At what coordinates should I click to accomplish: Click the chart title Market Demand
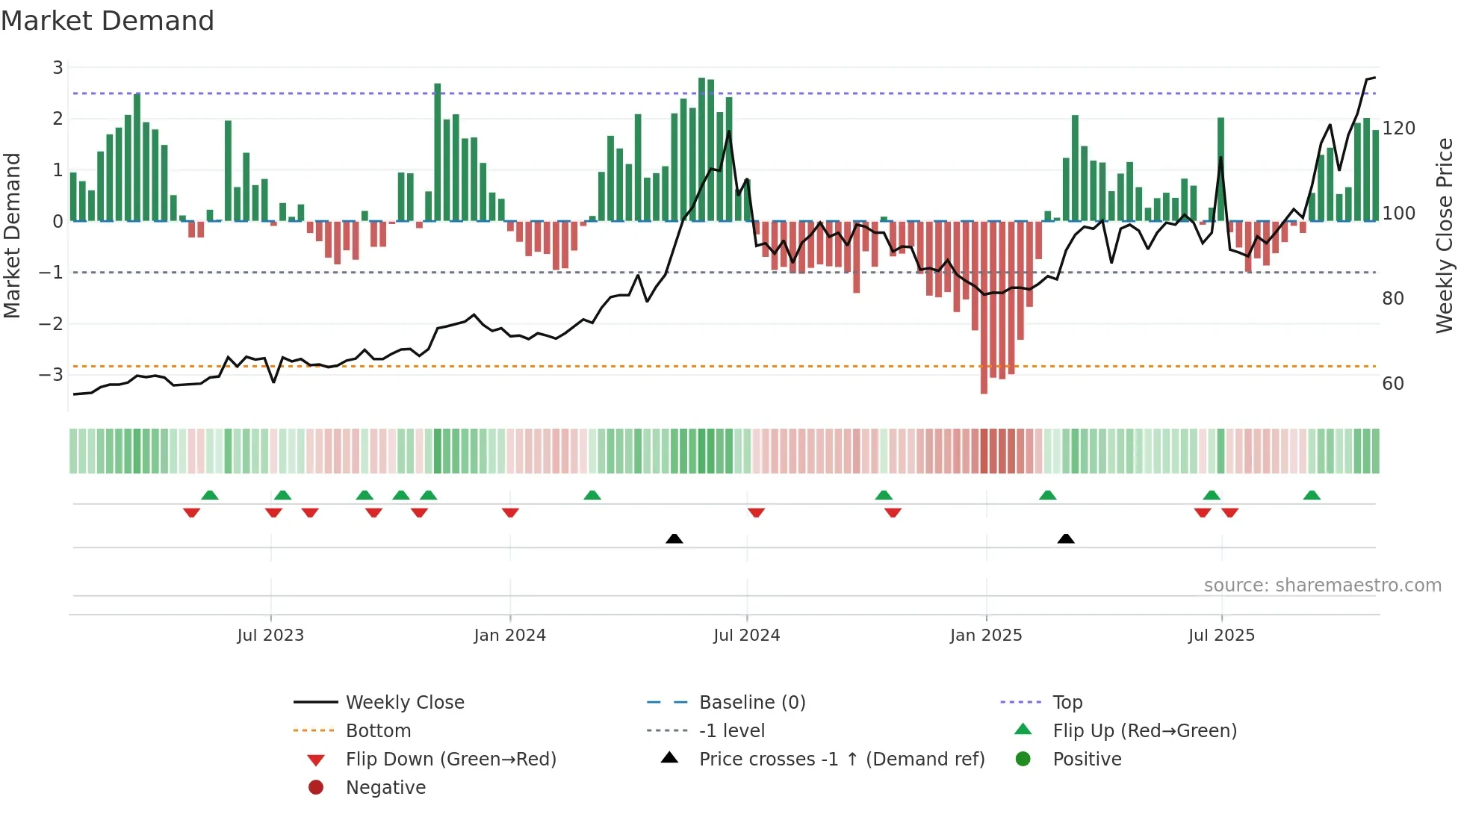(x=108, y=21)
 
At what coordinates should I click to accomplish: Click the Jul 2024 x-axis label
(x=746, y=636)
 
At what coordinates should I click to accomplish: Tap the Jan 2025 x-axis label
(x=985, y=636)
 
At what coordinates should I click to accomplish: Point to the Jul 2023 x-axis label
(x=270, y=636)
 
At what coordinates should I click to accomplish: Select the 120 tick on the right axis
(x=1398, y=128)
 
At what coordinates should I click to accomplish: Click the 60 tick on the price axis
(x=1393, y=384)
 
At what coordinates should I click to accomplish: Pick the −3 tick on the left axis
(x=51, y=374)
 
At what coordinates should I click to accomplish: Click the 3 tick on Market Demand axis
(x=58, y=68)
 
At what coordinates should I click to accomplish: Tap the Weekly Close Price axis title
(x=1445, y=235)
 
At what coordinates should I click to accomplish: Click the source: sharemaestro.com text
(x=1322, y=586)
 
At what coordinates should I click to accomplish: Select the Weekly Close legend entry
(x=404, y=703)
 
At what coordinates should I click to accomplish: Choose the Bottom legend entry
(x=378, y=731)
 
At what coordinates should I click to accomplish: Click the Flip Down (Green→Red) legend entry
(x=450, y=760)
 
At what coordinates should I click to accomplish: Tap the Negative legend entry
(x=385, y=788)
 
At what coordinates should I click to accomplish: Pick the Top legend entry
(x=1067, y=703)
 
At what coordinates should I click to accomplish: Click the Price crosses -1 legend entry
(x=841, y=760)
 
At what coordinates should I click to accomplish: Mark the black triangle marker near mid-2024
(x=674, y=538)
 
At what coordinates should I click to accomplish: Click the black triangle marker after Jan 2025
(x=1066, y=538)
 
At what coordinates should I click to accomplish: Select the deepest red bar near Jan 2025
(x=984, y=306)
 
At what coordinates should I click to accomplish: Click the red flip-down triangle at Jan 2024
(x=510, y=512)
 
